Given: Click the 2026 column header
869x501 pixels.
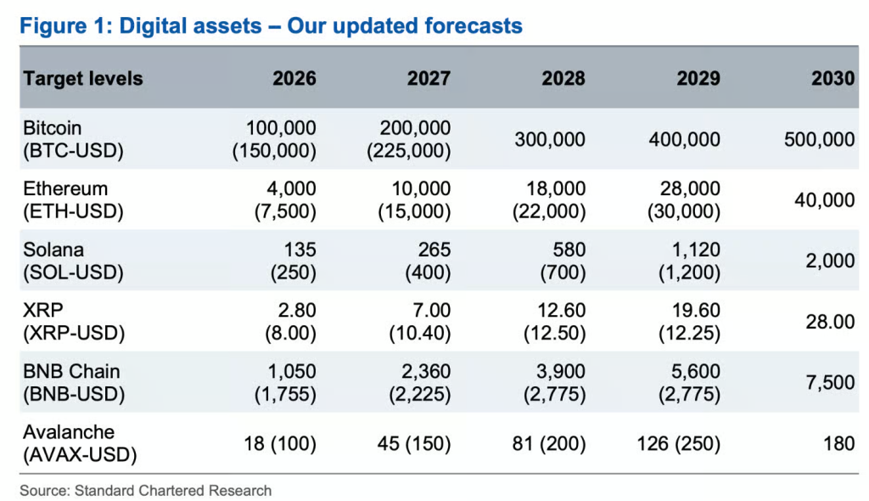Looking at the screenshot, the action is (x=294, y=78).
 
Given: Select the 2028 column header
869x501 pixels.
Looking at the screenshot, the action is (x=563, y=78).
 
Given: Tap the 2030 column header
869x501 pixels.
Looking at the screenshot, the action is (x=833, y=78).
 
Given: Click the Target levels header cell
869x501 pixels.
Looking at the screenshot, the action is (x=83, y=79).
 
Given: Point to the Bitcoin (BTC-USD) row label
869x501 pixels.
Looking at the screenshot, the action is (x=73, y=139).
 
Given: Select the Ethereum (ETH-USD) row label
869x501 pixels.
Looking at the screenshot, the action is (x=73, y=200).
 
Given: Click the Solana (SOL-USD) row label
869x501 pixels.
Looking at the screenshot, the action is (x=73, y=261).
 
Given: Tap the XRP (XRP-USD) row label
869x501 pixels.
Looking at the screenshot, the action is (x=74, y=321).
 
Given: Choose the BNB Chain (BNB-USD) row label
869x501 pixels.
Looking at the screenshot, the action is (x=74, y=382).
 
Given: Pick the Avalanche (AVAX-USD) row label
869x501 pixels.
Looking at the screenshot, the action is (x=80, y=443).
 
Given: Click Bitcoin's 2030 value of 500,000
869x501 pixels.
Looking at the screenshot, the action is (x=819, y=139).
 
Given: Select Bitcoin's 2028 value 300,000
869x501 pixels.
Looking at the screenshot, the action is (x=550, y=139).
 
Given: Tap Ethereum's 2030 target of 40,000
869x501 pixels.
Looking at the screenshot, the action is (x=825, y=200).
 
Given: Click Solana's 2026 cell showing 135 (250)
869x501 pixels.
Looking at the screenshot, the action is (x=293, y=261).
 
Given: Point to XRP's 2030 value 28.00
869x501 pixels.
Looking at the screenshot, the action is (x=830, y=321).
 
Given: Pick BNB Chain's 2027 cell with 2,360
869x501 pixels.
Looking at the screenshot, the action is (x=419, y=382).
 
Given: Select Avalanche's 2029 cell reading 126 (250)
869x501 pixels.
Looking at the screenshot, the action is (x=678, y=443).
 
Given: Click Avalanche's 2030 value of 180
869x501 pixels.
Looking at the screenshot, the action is (x=838, y=443).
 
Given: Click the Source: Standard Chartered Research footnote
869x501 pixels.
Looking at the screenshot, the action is (x=146, y=491).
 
